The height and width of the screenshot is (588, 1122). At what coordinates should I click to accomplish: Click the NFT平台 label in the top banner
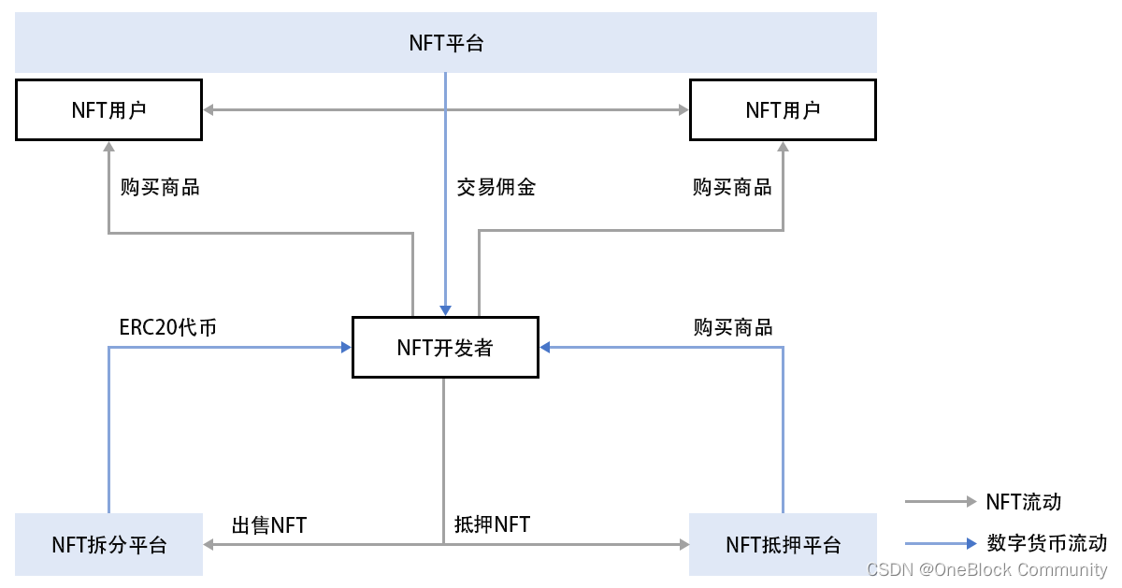446,43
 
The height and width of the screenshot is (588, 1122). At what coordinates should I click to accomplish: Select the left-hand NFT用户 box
108,110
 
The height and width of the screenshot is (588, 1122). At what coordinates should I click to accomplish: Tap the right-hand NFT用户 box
783,110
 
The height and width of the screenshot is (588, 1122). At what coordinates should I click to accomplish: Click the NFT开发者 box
445,348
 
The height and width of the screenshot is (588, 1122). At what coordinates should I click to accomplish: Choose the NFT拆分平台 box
108,544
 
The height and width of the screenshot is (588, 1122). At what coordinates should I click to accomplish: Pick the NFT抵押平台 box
783,544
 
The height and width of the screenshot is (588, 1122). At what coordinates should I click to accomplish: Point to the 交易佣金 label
496,187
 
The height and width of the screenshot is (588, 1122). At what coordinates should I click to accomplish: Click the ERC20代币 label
168,327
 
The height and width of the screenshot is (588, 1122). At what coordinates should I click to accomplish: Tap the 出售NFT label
269,525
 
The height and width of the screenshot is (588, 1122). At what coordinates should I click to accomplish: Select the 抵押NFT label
492,524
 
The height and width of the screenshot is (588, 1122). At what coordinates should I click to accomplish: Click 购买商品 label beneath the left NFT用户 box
160,187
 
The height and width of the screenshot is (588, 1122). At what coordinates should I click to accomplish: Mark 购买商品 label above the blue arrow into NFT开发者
733,327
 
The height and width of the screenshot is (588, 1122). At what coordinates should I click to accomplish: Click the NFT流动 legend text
1024,502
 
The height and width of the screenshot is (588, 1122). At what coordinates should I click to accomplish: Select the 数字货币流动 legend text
1046,543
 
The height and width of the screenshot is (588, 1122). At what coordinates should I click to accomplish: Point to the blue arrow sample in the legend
940,543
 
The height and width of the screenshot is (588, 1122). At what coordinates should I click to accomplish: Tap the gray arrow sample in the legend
940,502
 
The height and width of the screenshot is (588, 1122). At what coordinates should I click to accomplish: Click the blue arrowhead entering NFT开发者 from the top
445,310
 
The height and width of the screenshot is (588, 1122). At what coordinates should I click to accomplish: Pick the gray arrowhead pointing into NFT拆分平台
209,543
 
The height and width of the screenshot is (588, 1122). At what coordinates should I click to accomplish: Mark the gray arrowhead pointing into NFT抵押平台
683,543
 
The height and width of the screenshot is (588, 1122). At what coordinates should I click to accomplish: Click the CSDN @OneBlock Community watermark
986,569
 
